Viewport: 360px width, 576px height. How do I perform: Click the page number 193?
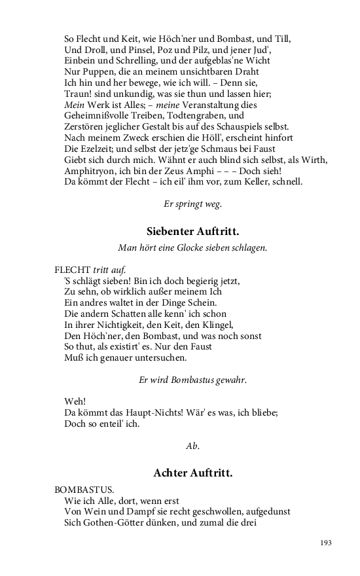(327, 543)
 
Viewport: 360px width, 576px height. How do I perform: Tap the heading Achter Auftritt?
(192, 472)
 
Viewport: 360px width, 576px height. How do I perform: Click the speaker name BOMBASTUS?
(84, 489)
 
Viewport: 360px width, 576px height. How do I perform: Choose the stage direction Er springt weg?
(192, 204)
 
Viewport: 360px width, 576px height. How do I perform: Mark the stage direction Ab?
(192, 446)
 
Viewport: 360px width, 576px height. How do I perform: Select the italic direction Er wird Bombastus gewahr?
(192, 380)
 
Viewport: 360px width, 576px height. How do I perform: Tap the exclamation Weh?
(76, 401)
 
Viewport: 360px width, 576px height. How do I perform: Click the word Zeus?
(183, 170)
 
